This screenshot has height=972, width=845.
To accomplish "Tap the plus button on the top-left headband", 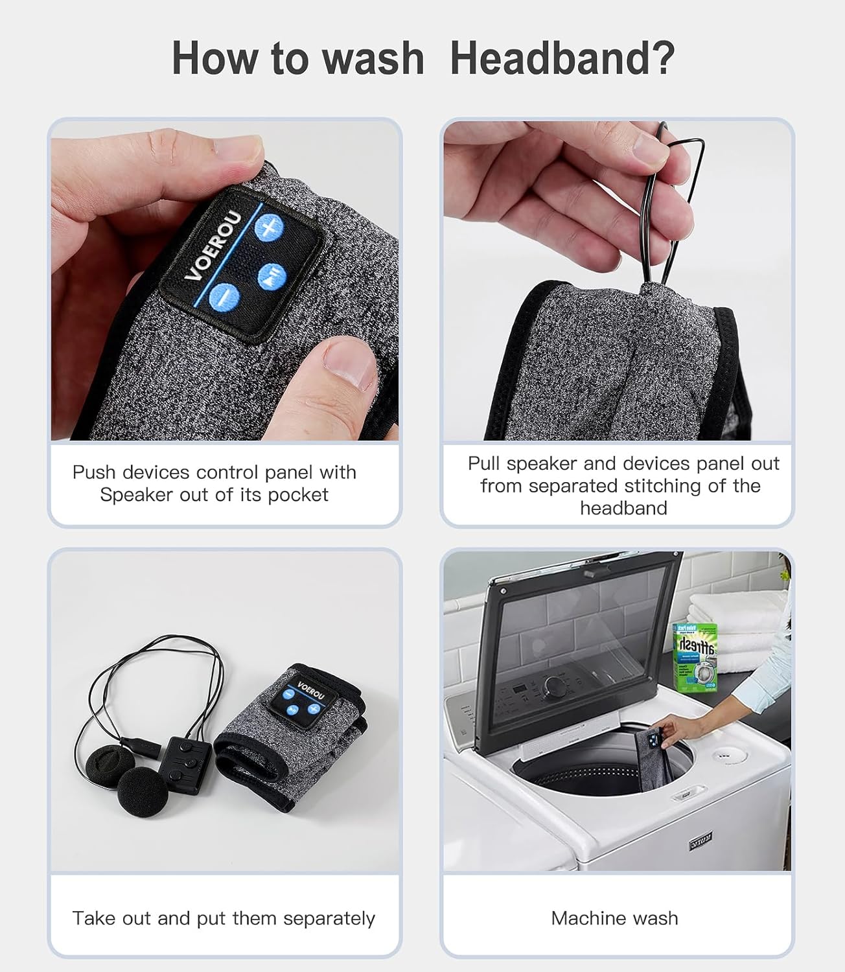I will pyautogui.click(x=269, y=227).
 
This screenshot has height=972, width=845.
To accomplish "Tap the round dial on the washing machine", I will pyautogui.click(x=556, y=686).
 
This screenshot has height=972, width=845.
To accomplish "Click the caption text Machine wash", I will pyautogui.click(x=614, y=918).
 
